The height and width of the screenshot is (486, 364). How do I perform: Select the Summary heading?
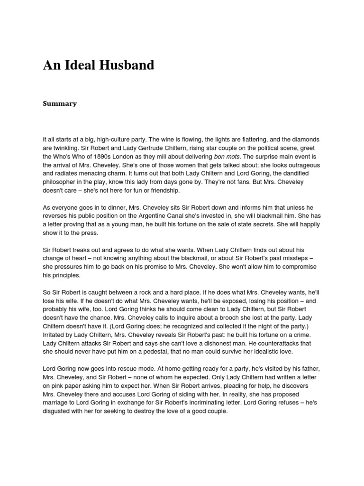click(x=60, y=103)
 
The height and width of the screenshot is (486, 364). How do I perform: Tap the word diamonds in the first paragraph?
click(x=306, y=140)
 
